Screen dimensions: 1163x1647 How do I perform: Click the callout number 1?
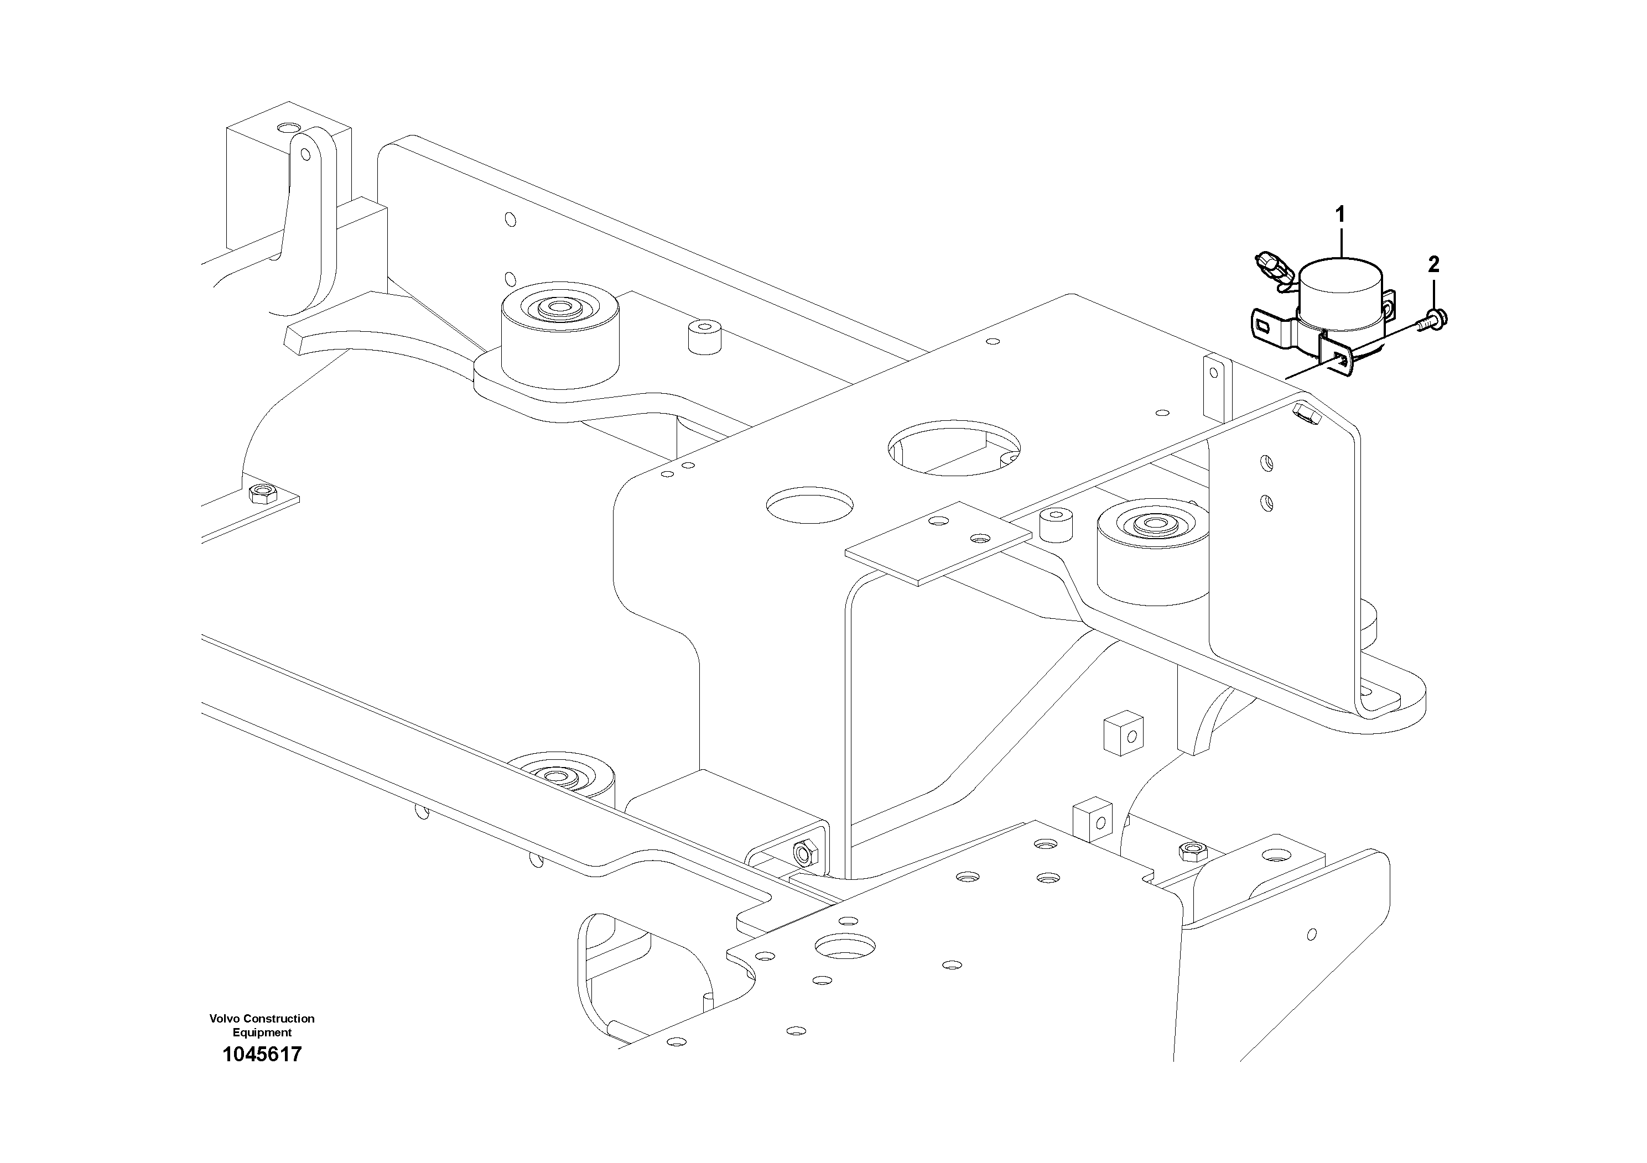tap(1339, 215)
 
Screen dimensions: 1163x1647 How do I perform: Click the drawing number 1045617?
tap(262, 1055)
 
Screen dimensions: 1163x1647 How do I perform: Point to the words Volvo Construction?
tap(262, 1018)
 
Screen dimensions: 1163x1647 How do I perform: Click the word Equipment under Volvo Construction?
tap(262, 1032)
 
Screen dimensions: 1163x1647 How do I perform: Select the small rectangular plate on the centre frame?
tap(937, 543)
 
